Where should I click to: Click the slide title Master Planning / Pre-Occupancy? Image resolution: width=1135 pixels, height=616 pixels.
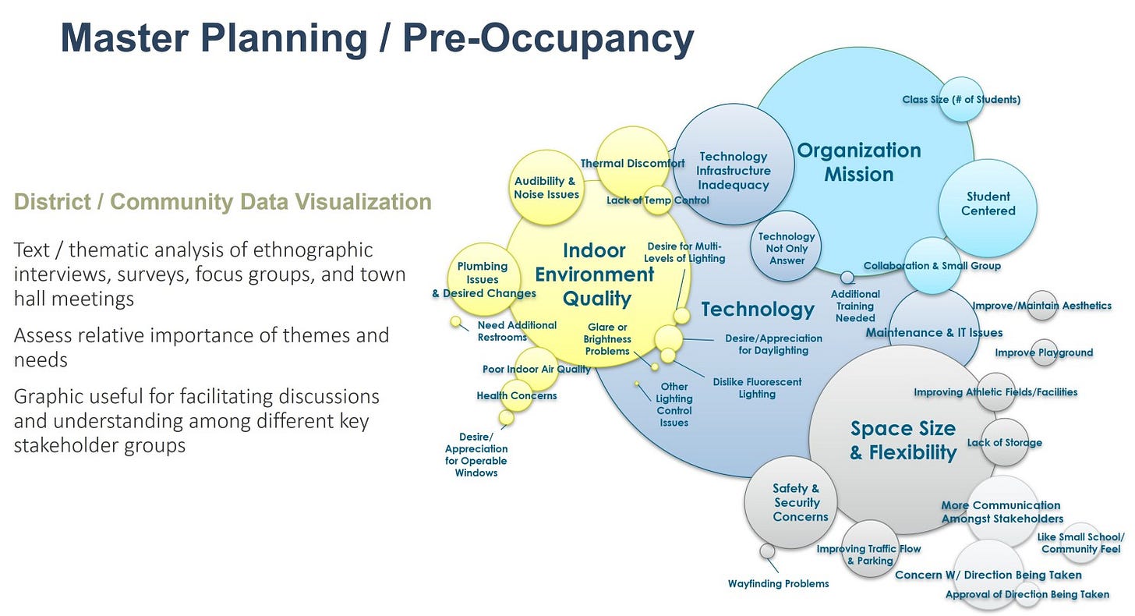point(377,39)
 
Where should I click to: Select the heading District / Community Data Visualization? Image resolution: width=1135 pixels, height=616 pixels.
point(222,202)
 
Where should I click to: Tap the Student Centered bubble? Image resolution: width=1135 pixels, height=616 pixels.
point(988,204)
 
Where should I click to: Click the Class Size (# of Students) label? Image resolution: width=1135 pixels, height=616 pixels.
point(961,99)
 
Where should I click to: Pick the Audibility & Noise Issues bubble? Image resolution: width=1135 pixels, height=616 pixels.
point(546,187)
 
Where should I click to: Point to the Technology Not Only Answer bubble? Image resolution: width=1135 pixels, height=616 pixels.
point(787,248)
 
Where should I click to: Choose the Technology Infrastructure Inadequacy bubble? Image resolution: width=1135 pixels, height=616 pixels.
point(733,171)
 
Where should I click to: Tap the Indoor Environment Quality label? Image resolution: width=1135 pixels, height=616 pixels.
point(595,274)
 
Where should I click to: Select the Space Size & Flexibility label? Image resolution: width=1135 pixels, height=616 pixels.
point(903,441)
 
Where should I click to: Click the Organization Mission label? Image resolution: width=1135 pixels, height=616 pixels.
point(858,162)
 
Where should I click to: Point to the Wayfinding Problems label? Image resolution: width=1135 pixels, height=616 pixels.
point(778,583)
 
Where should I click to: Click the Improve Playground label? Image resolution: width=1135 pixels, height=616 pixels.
point(1044,352)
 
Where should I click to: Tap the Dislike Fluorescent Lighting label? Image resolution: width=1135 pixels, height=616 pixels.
point(757,388)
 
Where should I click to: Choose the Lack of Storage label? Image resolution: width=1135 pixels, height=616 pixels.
point(1004,442)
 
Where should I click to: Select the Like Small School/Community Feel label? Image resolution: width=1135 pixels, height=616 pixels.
point(1080,543)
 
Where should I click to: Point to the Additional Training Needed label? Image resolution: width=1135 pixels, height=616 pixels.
point(855,306)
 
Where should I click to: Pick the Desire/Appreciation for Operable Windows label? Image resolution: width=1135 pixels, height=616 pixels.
point(476,455)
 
